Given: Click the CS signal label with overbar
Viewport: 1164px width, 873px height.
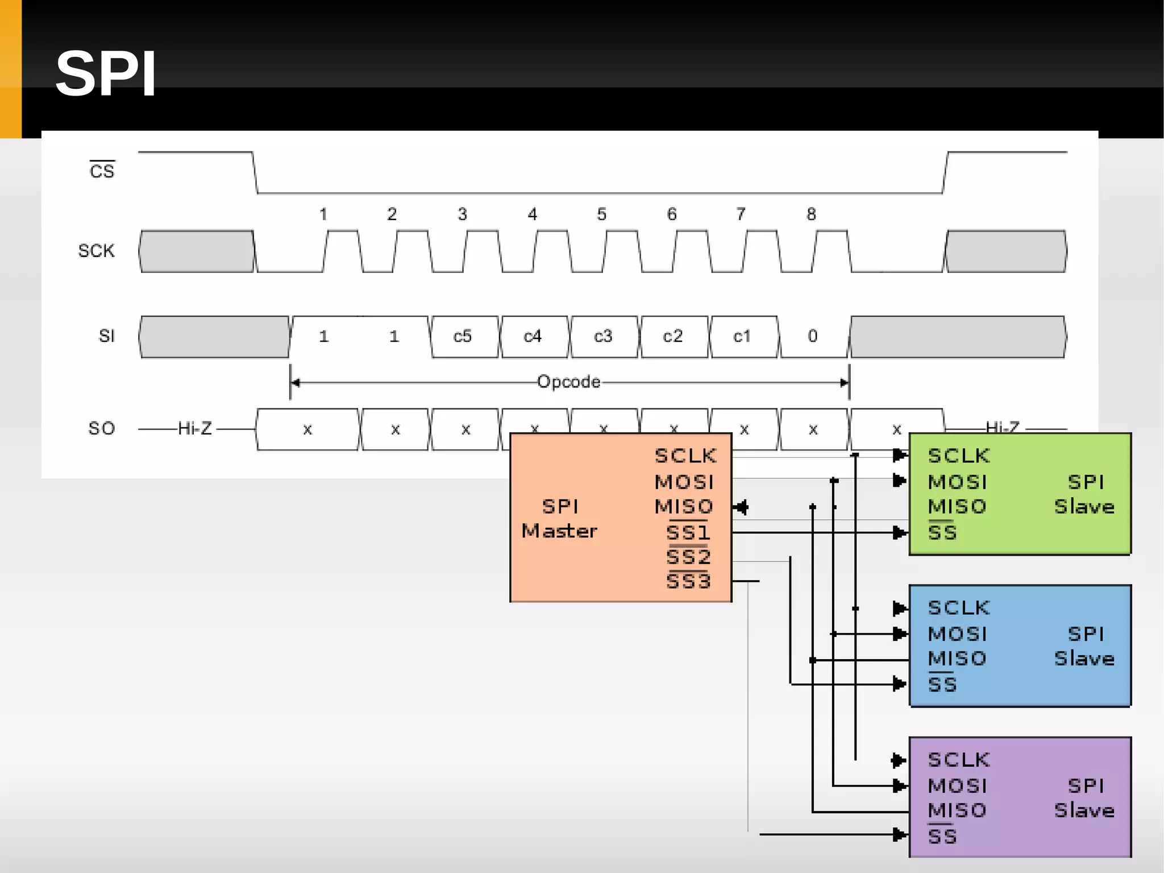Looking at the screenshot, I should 102,170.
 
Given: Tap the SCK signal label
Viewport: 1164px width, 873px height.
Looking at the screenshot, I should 96,251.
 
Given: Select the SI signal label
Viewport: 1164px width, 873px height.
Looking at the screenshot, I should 106,336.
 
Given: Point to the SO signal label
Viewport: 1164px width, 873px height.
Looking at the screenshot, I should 102,428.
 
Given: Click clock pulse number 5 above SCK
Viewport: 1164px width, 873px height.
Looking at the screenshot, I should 602,214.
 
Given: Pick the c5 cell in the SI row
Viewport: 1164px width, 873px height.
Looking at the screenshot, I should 463,336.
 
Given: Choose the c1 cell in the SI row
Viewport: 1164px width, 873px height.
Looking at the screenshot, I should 742,336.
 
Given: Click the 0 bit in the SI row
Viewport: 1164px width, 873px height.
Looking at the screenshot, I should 813,336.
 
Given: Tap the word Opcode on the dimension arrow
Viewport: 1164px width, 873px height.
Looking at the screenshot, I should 568,382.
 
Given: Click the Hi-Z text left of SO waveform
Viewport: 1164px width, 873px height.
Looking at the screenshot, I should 194,428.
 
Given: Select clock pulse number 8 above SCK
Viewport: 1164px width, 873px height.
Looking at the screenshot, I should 812,214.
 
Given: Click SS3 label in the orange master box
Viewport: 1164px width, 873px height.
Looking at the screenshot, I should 688,581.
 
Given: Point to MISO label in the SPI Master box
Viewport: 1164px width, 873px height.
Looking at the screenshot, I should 684,506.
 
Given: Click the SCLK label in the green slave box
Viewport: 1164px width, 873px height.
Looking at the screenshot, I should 959,456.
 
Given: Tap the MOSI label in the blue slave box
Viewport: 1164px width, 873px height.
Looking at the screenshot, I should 957,634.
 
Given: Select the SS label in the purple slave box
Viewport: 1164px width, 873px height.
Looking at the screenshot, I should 942,836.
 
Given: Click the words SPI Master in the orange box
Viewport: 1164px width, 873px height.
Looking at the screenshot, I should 560,519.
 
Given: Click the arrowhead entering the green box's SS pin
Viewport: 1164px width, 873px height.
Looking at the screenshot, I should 900,533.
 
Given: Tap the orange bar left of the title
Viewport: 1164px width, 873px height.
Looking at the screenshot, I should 10,69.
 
